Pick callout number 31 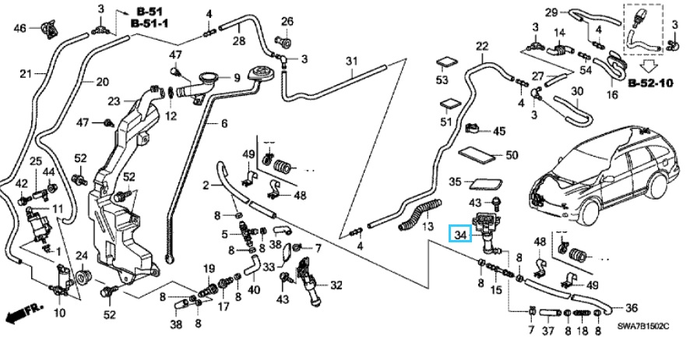(x=351, y=62)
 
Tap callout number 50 (x=512, y=155)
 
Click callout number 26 (x=287, y=21)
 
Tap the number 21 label (x=24, y=75)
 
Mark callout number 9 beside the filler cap (x=238, y=77)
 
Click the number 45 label (x=498, y=131)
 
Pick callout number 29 (x=551, y=12)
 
